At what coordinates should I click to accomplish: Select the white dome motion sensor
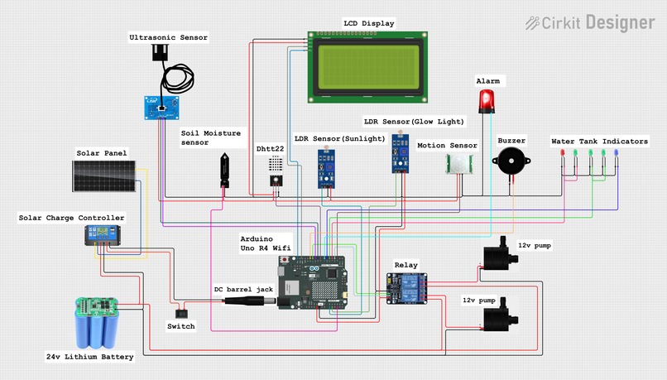pos(460,162)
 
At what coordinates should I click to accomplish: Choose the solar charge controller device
pos(103,236)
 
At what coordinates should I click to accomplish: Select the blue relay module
pos(406,288)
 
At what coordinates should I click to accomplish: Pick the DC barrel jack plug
pos(248,302)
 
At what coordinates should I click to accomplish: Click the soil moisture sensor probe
pos(224,169)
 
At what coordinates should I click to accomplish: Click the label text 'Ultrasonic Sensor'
pos(169,37)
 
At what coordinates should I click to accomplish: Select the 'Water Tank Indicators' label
pos(600,142)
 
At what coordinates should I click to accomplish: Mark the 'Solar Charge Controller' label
pos(72,218)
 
